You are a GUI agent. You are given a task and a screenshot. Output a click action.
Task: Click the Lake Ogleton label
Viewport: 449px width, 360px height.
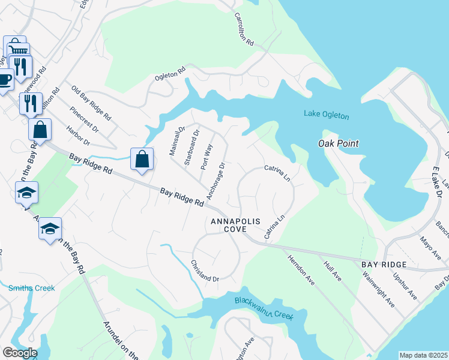pyautogui.click(x=326, y=115)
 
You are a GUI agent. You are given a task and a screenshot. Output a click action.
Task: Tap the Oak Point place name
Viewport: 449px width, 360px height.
pyautogui.click(x=338, y=143)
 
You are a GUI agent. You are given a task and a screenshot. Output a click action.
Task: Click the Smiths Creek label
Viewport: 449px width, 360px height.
pyautogui.click(x=31, y=288)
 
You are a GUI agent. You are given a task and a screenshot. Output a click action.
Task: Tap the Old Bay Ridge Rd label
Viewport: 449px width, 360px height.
pyautogui.click(x=91, y=102)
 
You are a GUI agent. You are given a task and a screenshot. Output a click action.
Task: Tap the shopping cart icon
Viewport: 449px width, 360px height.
pyautogui.click(x=14, y=47)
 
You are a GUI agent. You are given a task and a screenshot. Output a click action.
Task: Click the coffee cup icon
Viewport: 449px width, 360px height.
pyautogui.click(x=4, y=79)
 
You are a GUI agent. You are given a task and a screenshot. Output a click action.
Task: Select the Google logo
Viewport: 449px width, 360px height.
pyautogui.click(x=20, y=353)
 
